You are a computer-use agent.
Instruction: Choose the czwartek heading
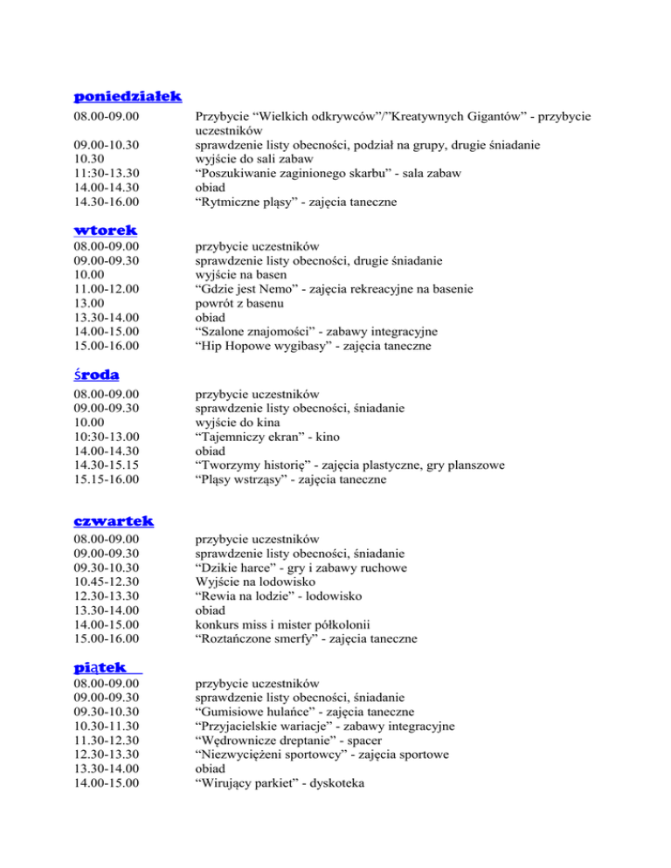click(114, 520)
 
